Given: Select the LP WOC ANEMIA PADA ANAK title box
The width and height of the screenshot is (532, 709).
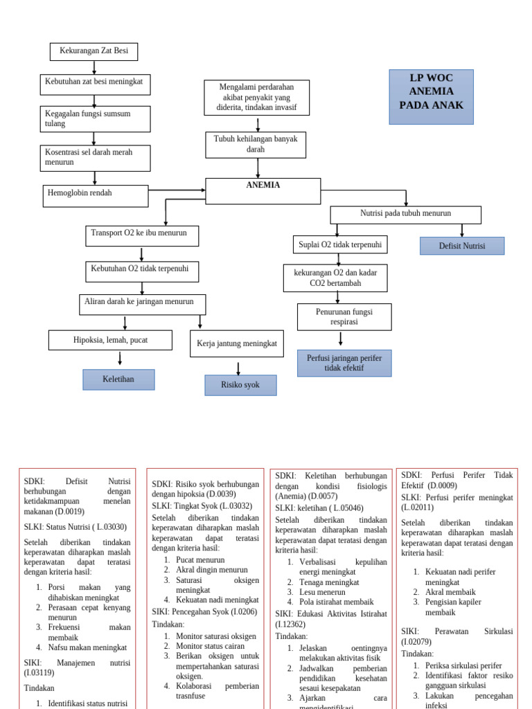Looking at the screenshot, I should pos(431,97).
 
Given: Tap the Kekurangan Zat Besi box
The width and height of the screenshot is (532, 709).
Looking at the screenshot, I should pos(94,52).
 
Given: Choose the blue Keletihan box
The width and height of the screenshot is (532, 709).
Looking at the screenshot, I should pos(118,379).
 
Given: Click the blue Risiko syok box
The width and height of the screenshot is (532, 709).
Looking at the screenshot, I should pos(240,385).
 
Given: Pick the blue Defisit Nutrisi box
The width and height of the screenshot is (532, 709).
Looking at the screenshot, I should pos(462,246).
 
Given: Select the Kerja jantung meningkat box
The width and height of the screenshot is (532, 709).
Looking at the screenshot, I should pos(236,343).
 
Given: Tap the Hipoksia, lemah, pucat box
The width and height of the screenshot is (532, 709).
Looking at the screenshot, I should pos(110,340).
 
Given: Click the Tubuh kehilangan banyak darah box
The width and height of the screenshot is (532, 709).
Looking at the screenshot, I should pos(256,145).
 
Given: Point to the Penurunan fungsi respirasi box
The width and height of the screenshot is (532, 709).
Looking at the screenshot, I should pos(344,317).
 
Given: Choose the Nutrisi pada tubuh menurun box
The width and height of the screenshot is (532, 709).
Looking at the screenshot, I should pos(405,215).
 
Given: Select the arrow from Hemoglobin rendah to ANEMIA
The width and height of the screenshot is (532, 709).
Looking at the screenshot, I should pos(177,190).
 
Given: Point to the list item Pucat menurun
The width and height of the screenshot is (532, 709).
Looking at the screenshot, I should pos(200,559).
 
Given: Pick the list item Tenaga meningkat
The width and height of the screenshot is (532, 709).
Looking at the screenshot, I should pos(329,582).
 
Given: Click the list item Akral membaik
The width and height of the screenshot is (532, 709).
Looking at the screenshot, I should pos(450,592).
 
